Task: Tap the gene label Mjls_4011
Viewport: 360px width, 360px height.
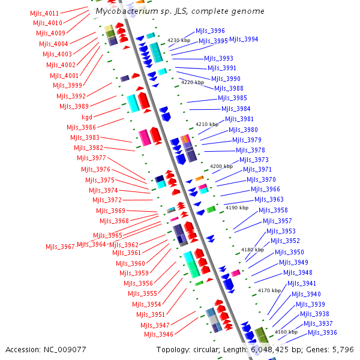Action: click(x=44, y=13)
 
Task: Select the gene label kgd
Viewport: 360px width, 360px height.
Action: click(x=87, y=117)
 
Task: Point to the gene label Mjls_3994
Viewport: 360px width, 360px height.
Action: click(x=244, y=39)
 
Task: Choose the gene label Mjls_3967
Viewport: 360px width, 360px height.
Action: click(x=60, y=247)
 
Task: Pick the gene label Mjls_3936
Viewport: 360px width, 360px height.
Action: click(x=322, y=332)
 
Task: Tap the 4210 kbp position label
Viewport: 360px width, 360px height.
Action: click(x=208, y=124)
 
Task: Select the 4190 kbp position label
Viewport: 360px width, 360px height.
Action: click(x=236, y=208)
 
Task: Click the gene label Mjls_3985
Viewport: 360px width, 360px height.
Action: click(x=232, y=98)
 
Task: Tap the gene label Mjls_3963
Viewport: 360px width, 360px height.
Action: click(x=269, y=199)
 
